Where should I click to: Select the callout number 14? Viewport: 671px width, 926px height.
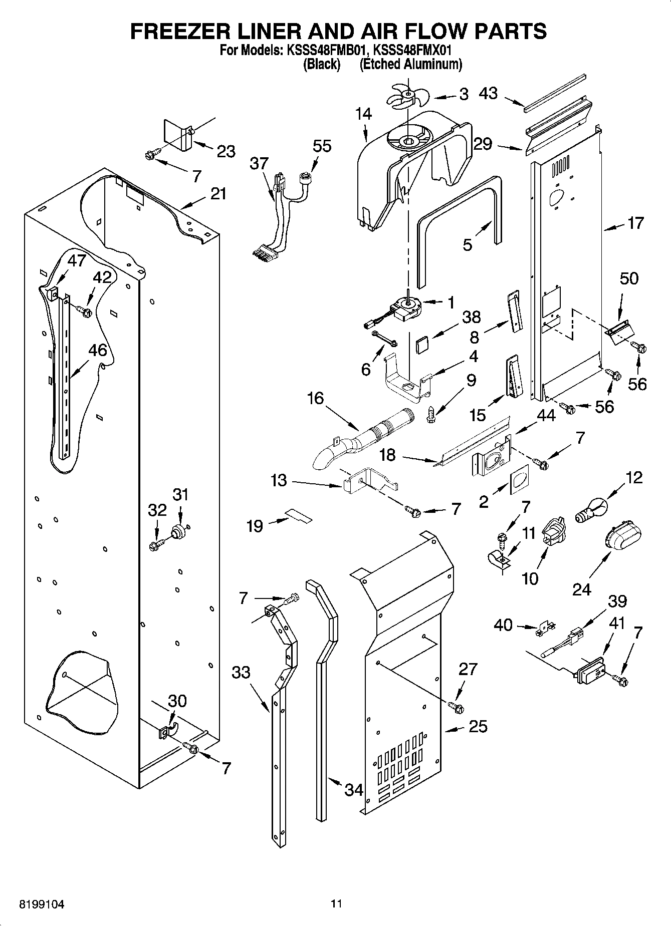coord(364,114)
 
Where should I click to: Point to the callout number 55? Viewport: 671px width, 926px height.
coord(322,146)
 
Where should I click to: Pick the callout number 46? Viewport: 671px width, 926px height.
coord(98,350)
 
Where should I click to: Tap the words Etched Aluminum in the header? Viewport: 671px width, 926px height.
coord(410,64)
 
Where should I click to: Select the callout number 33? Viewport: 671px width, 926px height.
coord(241,672)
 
